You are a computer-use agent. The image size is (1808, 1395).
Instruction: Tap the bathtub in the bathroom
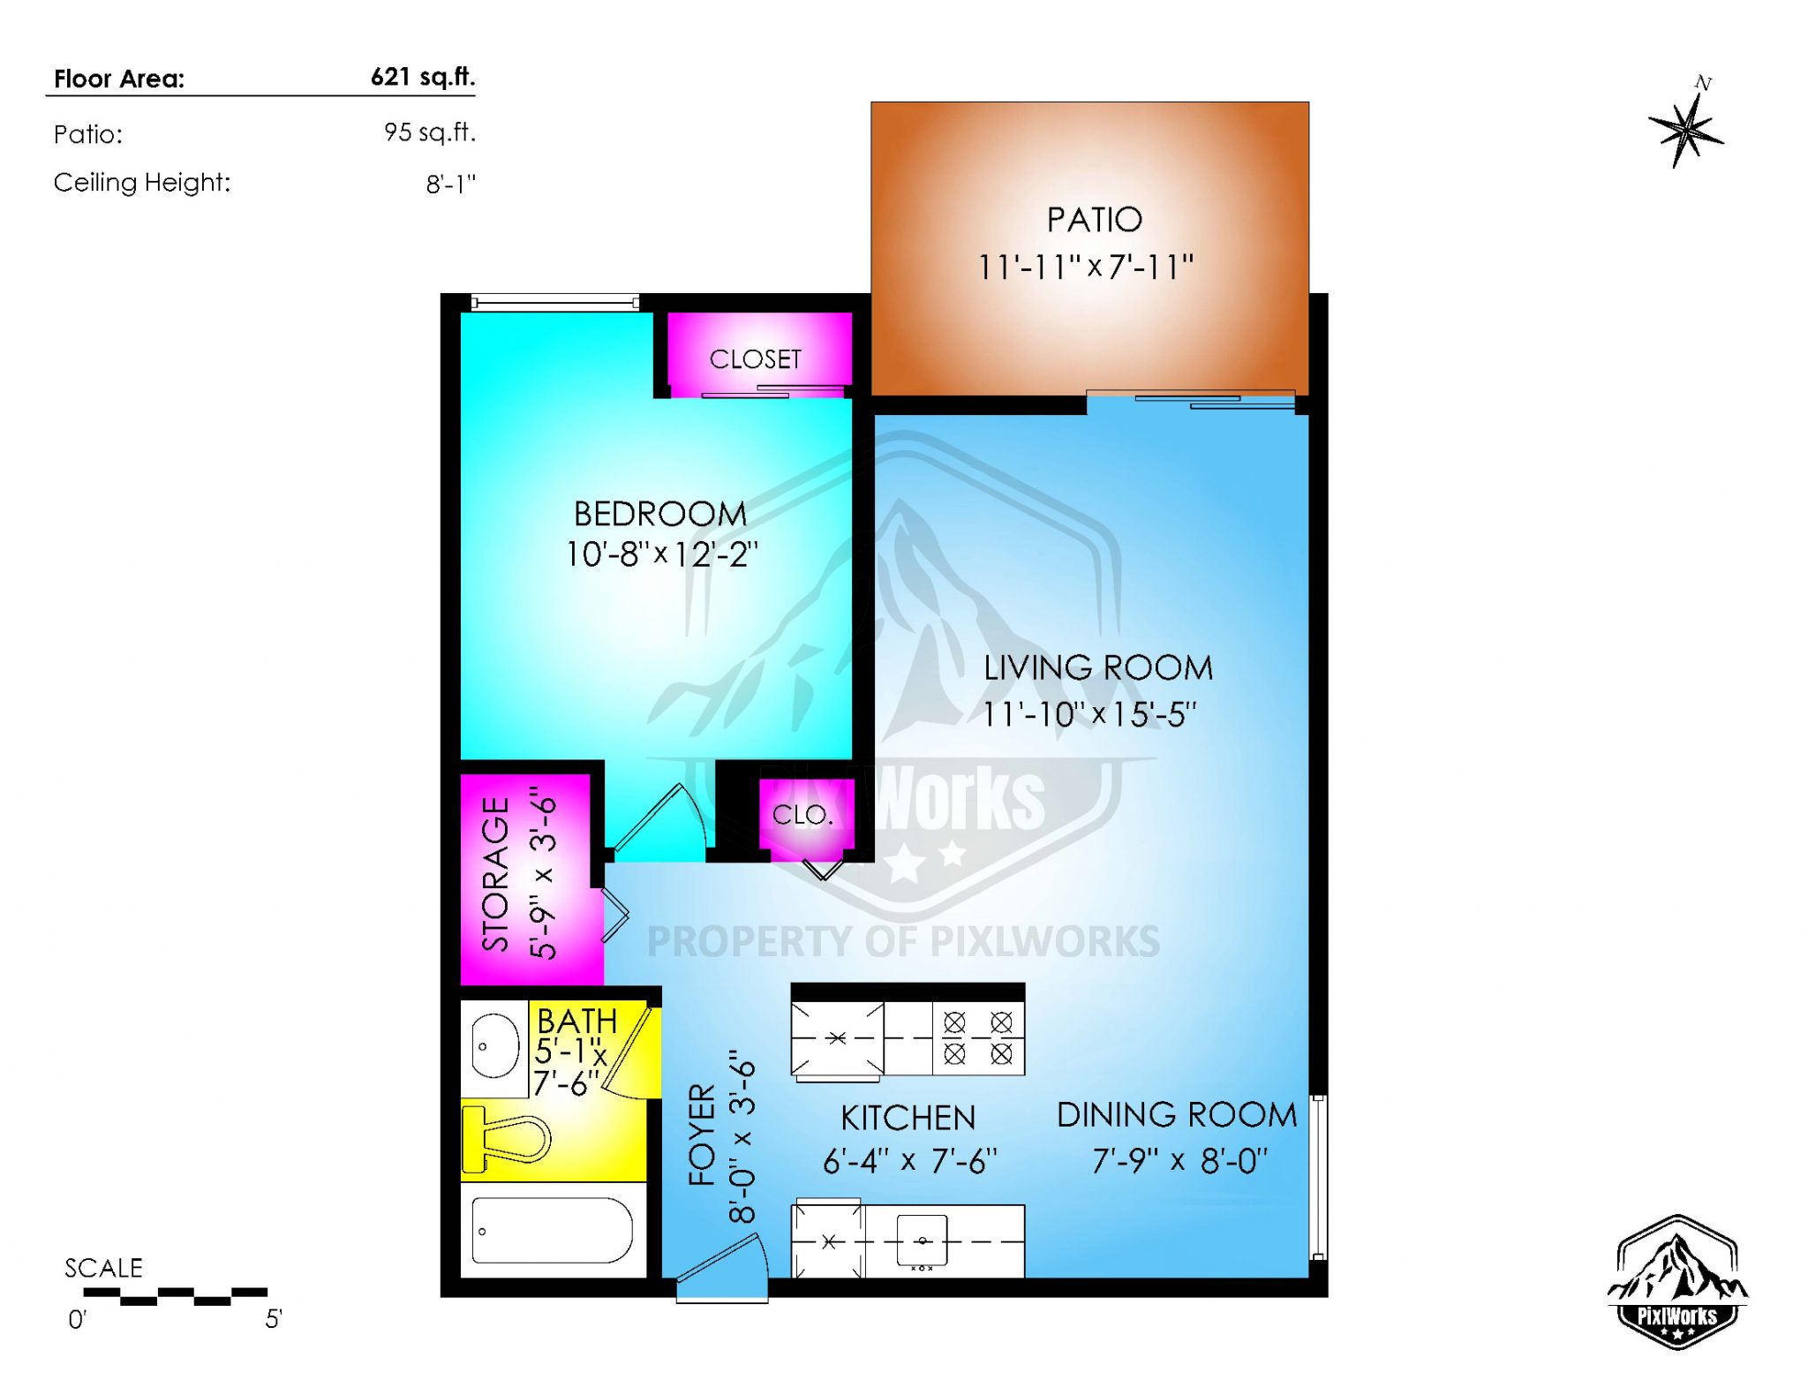tap(552, 1230)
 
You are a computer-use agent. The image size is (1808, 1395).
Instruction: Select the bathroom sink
tap(494, 1046)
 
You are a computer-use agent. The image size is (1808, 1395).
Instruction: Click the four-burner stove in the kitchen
tap(977, 1037)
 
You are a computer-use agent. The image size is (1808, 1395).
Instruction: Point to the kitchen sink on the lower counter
tap(922, 1240)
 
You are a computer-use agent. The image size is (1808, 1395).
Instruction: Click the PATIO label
tap(1094, 220)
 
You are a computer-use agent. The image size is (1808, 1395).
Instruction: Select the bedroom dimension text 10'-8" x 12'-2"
tap(661, 554)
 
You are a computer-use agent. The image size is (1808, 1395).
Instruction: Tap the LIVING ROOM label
tap(1097, 668)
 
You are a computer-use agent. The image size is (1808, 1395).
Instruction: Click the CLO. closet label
tap(802, 815)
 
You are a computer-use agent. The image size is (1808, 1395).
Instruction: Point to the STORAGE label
tap(496, 874)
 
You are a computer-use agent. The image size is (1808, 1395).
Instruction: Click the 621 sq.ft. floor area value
tap(422, 77)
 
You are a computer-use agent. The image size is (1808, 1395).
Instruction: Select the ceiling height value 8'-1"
tap(450, 184)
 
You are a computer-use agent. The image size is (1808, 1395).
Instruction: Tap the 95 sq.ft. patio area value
tap(429, 132)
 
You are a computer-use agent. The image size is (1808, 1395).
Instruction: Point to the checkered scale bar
tap(175, 1295)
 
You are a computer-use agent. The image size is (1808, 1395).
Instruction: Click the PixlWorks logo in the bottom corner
tap(1676, 1282)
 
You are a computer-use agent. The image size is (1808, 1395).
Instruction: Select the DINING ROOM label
tap(1176, 1115)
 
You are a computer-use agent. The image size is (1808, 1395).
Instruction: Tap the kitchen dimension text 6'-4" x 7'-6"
tap(909, 1161)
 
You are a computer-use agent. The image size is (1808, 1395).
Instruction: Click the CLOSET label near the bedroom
tap(755, 359)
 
